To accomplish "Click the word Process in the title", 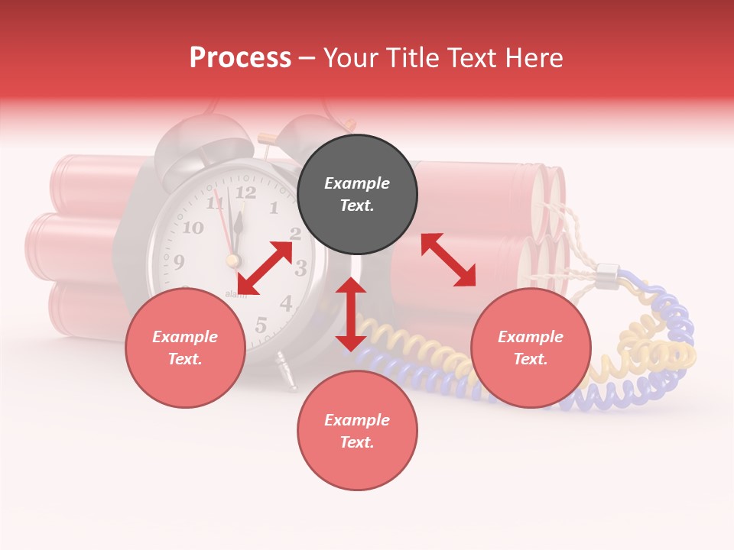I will (240, 57).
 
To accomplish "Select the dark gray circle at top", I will (357, 194).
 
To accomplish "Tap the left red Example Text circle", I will (185, 348).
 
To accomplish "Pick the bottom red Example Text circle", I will (357, 431).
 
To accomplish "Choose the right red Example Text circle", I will (531, 348).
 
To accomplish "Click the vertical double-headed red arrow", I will (351, 314).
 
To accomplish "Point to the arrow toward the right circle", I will (449, 260).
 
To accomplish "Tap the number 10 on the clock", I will (193, 227).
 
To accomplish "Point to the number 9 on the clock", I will (179, 263).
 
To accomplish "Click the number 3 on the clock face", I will (300, 268).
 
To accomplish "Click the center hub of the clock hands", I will (232, 260).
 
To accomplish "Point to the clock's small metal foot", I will (287, 372).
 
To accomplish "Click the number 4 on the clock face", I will (286, 303).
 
